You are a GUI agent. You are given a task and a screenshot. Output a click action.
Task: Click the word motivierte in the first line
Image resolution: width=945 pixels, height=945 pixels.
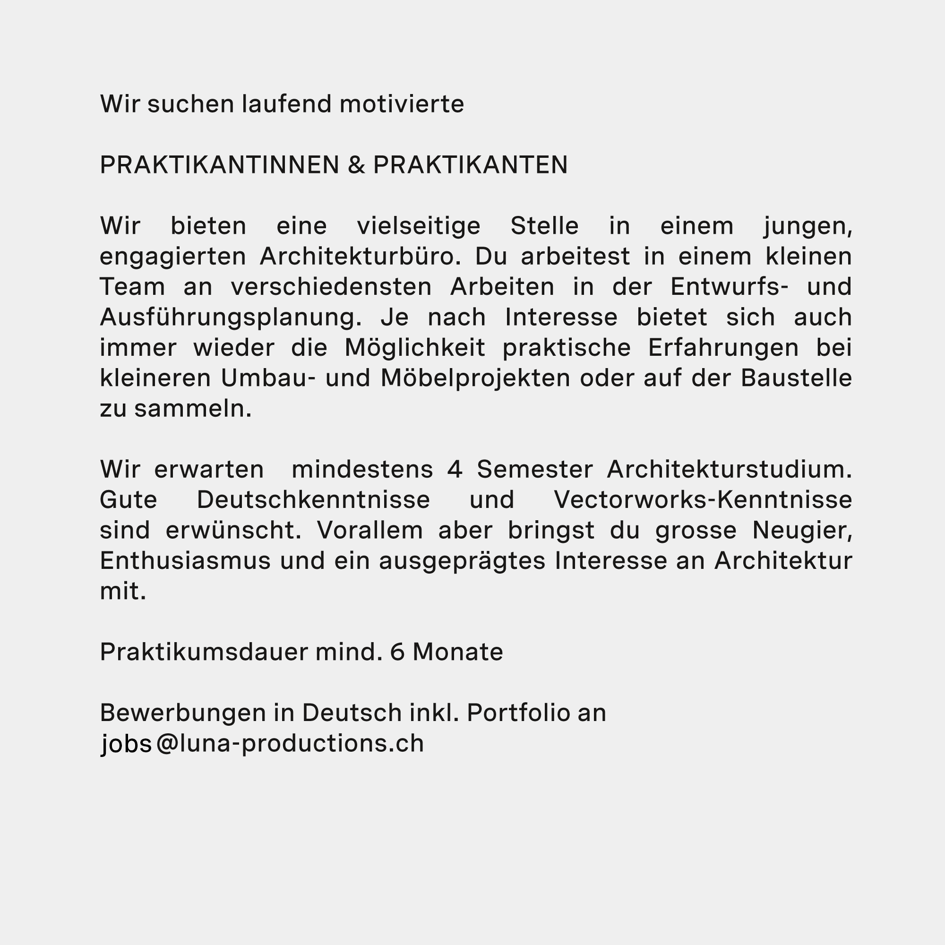coord(401,104)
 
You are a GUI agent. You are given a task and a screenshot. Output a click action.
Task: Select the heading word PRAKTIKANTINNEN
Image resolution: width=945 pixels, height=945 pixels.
coord(219,165)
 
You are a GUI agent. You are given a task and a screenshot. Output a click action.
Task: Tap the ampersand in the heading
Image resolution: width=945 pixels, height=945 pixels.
coord(357,165)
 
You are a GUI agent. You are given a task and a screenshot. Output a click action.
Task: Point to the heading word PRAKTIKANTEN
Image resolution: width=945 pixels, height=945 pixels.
coord(470,165)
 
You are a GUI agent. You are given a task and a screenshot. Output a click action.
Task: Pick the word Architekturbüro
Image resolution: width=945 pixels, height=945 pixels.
coord(360,257)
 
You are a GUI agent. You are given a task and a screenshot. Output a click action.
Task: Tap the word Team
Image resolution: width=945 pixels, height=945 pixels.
coord(133,287)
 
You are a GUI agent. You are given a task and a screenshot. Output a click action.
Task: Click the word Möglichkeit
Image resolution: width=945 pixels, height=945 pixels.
coord(415,348)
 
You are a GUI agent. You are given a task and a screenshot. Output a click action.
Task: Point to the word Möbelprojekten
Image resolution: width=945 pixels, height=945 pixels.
coord(475,378)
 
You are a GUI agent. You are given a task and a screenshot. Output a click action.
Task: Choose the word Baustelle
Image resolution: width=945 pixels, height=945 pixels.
coord(796,378)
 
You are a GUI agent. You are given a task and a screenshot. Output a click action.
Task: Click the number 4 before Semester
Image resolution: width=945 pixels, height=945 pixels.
coord(455,470)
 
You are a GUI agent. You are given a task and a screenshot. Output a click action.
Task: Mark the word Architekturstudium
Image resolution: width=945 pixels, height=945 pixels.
coord(729,470)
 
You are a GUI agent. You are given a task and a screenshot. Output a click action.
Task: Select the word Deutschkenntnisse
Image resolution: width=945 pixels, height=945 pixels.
coord(313,500)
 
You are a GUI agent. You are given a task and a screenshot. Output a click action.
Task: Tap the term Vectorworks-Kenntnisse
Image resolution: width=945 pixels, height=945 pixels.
coord(703,500)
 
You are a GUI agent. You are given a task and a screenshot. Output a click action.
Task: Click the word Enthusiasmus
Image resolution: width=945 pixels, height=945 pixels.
coord(185,561)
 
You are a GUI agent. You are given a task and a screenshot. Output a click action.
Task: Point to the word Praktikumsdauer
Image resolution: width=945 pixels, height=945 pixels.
coord(204,652)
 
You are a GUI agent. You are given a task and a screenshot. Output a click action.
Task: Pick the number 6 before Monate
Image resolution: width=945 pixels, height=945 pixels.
coord(397,652)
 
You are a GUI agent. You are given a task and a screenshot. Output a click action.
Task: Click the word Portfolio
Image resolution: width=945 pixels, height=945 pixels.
coord(518,713)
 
